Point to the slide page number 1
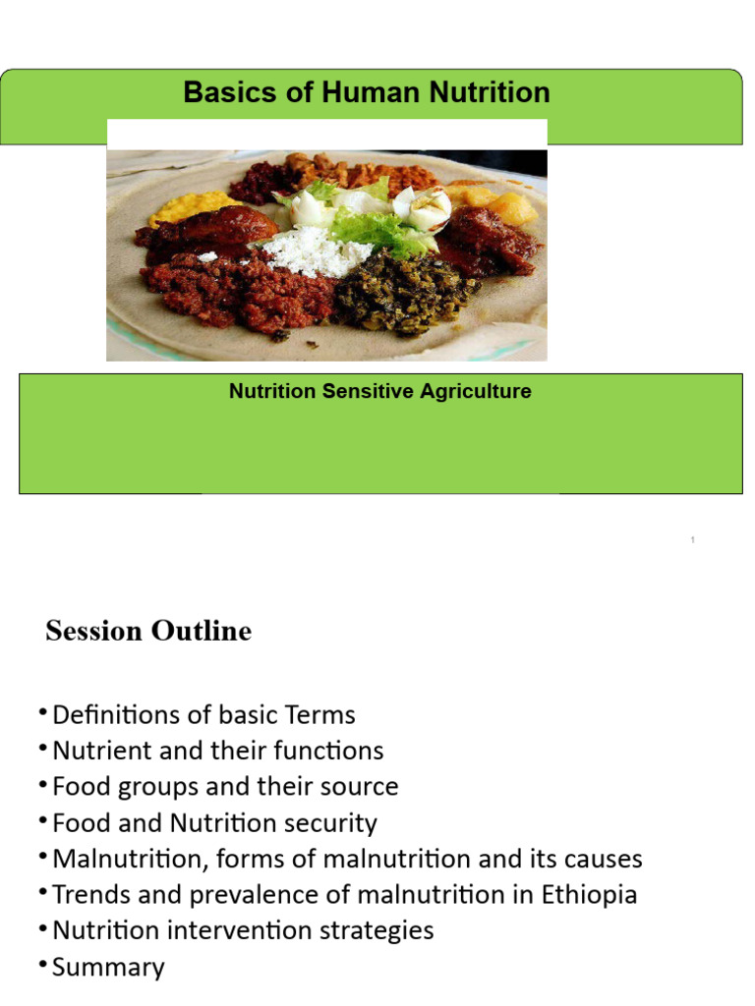(x=693, y=540)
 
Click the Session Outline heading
(x=148, y=631)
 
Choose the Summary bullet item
(x=108, y=967)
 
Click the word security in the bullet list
(x=331, y=823)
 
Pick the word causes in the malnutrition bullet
(x=599, y=859)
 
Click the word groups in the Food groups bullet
(x=152, y=787)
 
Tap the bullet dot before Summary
(x=43, y=964)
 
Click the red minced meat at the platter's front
(x=236, y=290)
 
